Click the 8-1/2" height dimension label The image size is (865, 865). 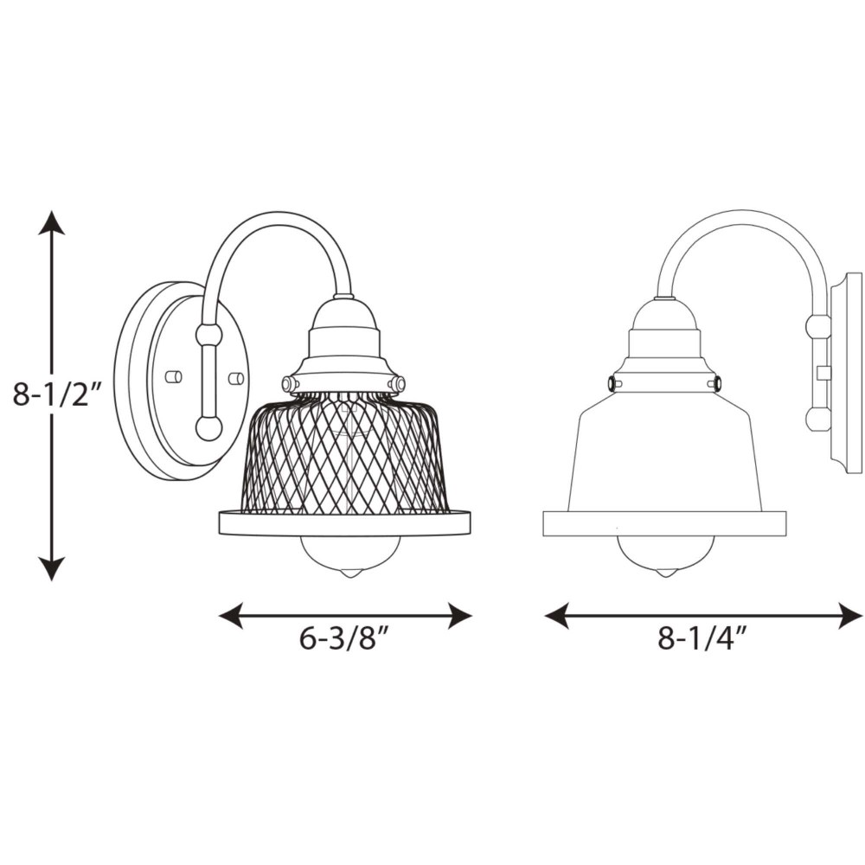[58, 395]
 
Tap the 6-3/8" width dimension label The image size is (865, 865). [345, 639]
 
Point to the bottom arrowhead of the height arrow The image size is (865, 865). [52, 569]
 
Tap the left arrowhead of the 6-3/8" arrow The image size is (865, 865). [232, 615]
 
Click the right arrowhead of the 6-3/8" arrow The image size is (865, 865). [459, 615]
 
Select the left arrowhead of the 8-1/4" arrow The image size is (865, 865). [557, 615]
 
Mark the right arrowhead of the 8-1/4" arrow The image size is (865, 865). [849, 615]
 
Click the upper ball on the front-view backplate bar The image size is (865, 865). [209, 335]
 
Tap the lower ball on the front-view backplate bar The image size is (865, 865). [209, 427]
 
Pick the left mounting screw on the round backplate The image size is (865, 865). [174, 377]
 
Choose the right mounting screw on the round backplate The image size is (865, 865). [237, 379]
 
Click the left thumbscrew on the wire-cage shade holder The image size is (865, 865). [289, 383]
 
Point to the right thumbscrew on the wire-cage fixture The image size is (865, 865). [398, 383]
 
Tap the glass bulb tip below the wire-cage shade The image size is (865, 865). [347, 573]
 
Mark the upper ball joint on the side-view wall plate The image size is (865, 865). [817, 327]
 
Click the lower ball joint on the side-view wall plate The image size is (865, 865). [817, 420]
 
